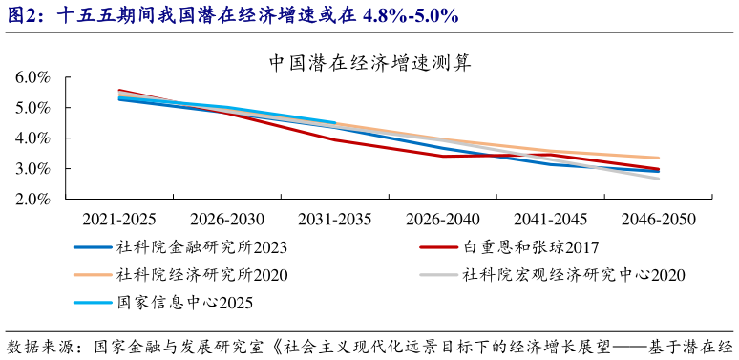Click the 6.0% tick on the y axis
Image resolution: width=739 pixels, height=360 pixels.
pos(32,77)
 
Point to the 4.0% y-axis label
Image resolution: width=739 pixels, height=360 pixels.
pos(32,138)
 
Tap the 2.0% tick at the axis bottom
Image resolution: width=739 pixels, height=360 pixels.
pos(32,200)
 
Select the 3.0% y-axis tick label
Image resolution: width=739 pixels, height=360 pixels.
pos(32,169)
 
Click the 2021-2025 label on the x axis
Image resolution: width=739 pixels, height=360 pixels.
pos(118,219)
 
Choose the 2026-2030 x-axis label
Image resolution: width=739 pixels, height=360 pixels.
pos(226,219)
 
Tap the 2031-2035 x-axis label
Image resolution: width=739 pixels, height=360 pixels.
pos(334,219)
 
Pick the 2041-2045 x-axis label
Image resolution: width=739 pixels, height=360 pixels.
pos(551,219)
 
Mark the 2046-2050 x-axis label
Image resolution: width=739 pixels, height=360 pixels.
pos(659,219)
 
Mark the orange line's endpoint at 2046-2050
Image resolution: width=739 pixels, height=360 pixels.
pos(659,158)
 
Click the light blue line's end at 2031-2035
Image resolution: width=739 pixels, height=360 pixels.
pos(335,122)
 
